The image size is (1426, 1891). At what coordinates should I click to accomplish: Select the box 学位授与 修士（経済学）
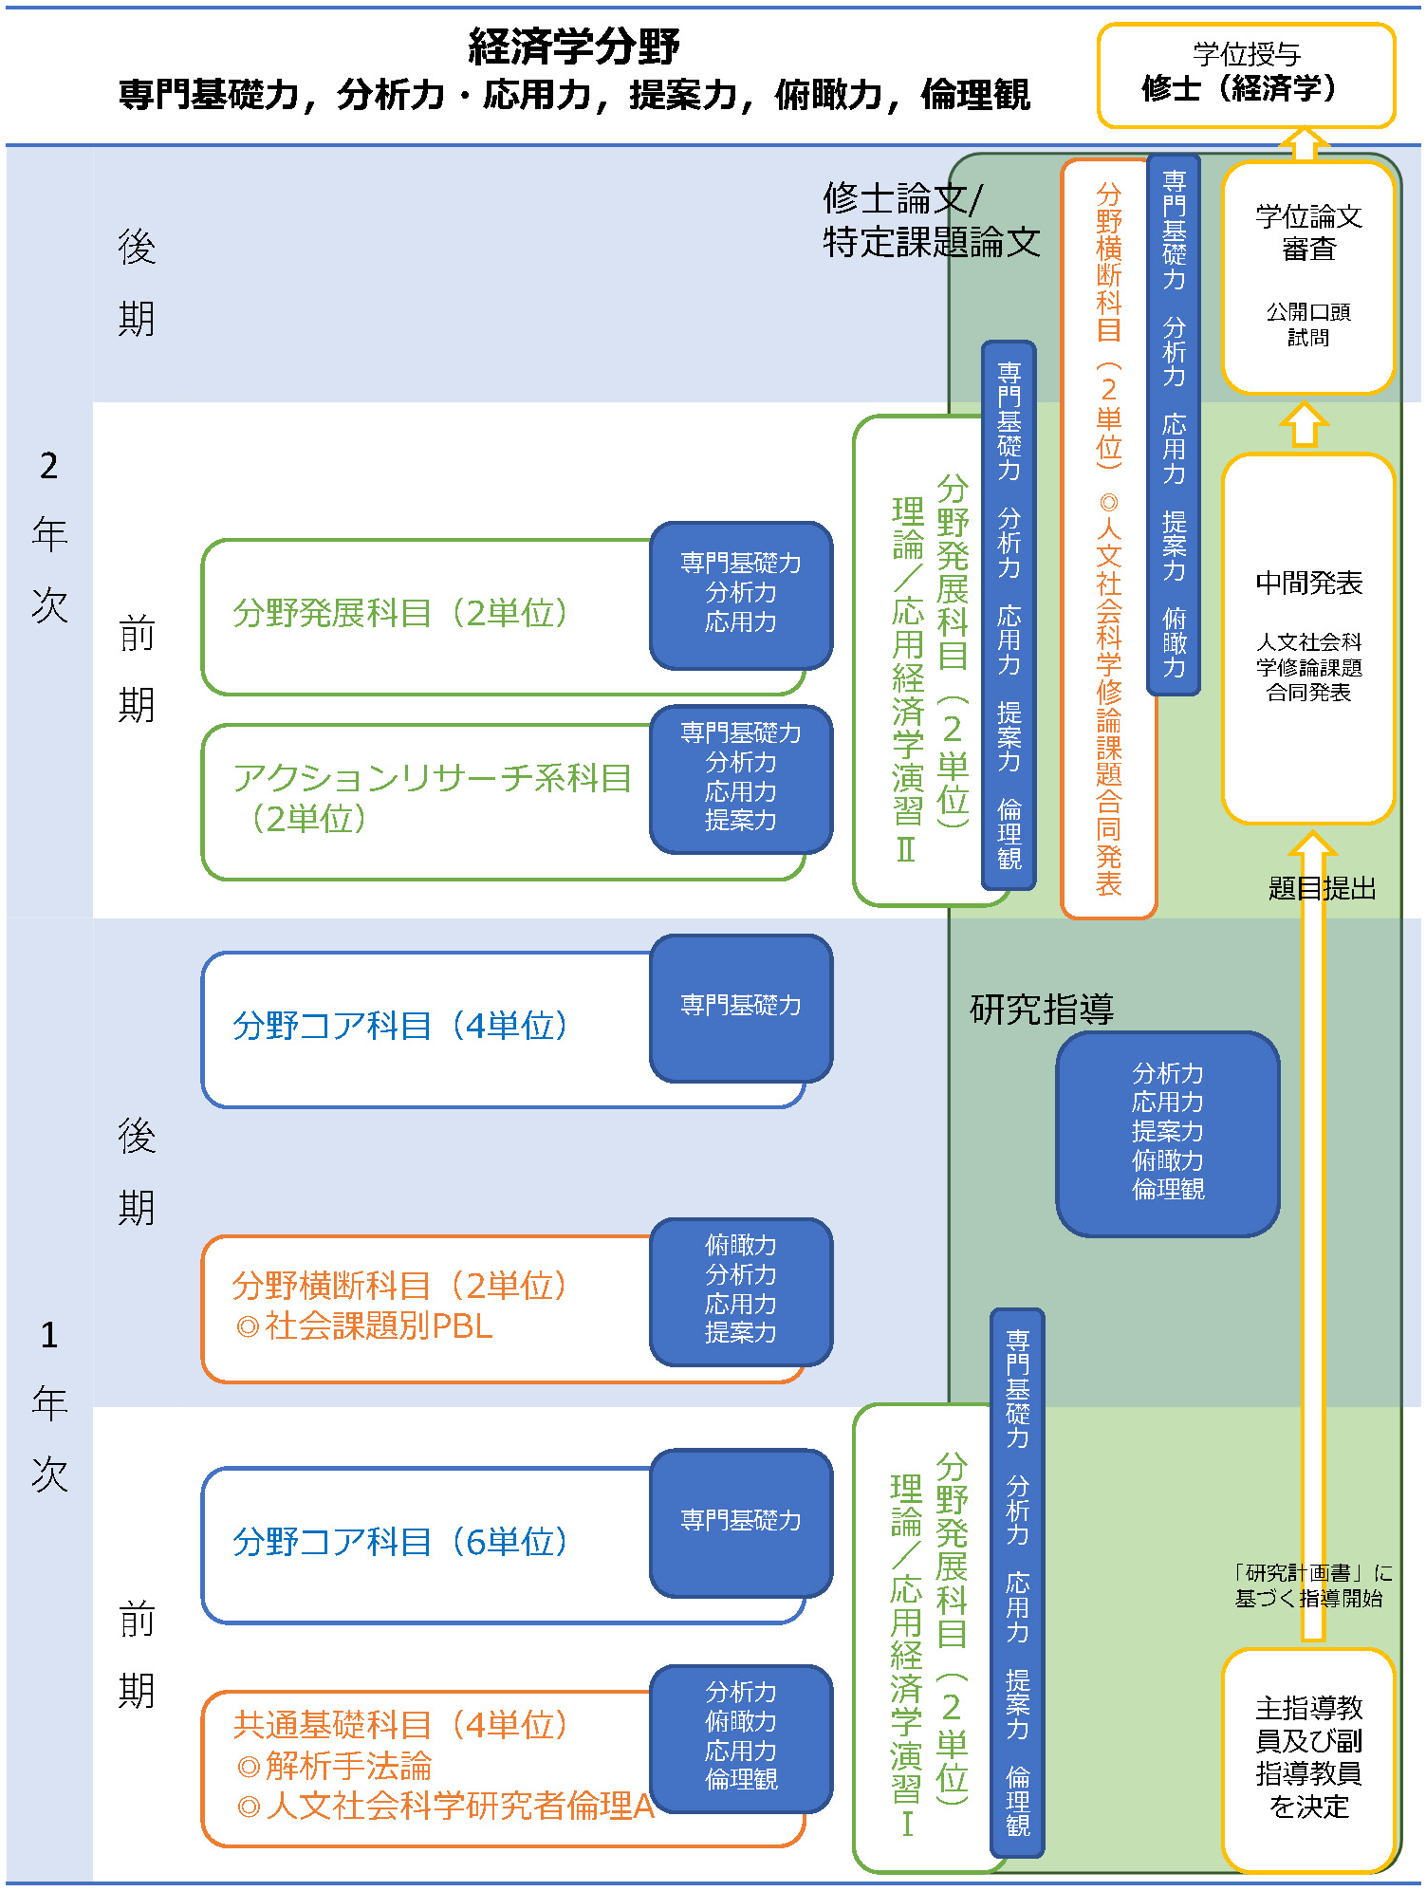coord(1245,74)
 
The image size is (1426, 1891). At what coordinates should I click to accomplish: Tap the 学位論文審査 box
coord(1307,275)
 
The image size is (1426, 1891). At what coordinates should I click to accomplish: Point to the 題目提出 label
coord(1322,888)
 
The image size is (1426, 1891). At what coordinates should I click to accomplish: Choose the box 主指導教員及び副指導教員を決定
coord(1307,1757)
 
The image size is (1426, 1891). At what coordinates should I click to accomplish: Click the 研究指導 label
coord(1041,1009)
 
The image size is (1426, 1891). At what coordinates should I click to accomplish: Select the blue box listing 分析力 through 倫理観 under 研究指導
coord(1167,1132)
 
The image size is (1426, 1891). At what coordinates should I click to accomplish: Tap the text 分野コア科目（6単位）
coord(399,1541)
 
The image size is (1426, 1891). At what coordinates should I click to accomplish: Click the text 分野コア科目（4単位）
coord(399,1025)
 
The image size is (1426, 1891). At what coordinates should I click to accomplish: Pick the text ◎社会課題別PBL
coord(365,1326)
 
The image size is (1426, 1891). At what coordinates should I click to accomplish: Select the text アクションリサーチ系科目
coord(432,778)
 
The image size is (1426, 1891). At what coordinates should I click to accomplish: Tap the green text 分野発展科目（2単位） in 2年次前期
coord(399,612)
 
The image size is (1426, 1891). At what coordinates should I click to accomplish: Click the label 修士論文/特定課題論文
coord(930,220)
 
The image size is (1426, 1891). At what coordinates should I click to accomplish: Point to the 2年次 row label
coord(49,534)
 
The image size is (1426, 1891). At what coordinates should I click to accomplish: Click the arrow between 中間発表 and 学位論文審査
coord(1305,423)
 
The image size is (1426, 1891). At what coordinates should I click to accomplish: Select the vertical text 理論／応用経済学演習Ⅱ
coord(907,678)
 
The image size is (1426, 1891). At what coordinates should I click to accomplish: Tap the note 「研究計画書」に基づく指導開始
coord(1309,1585)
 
